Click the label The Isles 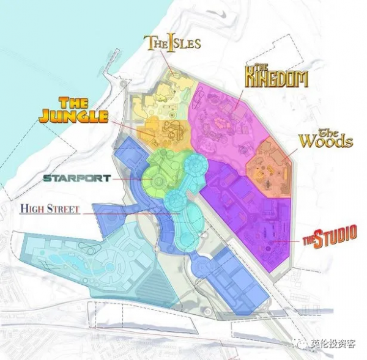coord(172,43)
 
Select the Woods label coord(325,139)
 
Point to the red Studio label coord(330,237)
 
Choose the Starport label coord(76,178)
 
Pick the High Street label coord(50,209)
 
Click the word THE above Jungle coord(74,102)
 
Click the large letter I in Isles coord(171,43)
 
